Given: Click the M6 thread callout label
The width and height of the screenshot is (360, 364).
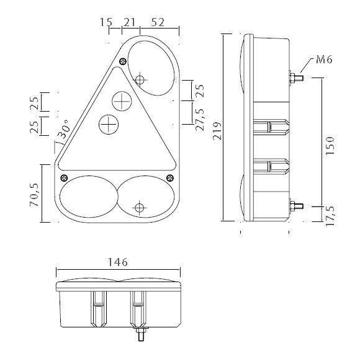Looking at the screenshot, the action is click(324, 60).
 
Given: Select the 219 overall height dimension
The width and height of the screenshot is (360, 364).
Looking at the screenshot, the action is click(218, 131).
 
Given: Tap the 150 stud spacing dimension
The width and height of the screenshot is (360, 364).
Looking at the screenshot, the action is click(330, 146).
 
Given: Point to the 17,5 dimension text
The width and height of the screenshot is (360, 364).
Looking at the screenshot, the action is click(330, 216).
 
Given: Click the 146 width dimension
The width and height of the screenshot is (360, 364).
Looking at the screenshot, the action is click(118, 262).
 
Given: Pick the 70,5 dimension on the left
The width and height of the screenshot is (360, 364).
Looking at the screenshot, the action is click(34, 195).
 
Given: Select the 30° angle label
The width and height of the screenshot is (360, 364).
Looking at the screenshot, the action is click(63, 129).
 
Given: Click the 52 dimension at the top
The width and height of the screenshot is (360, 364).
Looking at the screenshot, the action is click(158, 22).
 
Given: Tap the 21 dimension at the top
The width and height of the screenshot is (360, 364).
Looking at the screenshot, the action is click(129, 22).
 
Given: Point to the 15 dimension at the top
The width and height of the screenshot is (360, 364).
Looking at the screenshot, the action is click(106, 22).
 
